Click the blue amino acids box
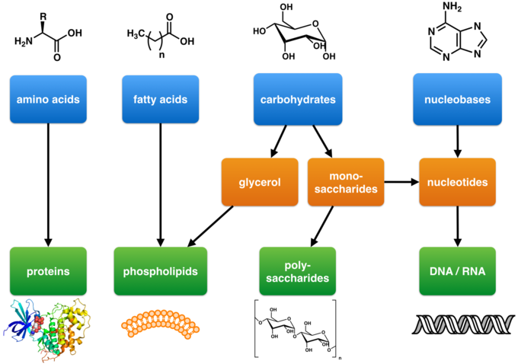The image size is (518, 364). click(x=48, y=100)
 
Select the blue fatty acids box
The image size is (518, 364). click(x=160, y=100)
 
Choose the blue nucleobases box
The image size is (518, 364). click(x=457, y=100)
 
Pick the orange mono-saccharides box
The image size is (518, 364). click(x=344, y=182)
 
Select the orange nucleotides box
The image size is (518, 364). click(x=457, y=182)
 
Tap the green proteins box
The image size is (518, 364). click(x=48, y=271)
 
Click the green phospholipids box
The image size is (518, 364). click(x=160, y=271)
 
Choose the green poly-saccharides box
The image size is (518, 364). click(x=298, y=271)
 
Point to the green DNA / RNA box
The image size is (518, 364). click(x=457, y=271)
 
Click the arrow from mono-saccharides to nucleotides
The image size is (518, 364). click(x=401, y=182)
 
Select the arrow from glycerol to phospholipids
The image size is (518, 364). click(x=211, y=226)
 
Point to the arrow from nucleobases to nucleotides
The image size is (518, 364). click(x=457, y=142)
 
